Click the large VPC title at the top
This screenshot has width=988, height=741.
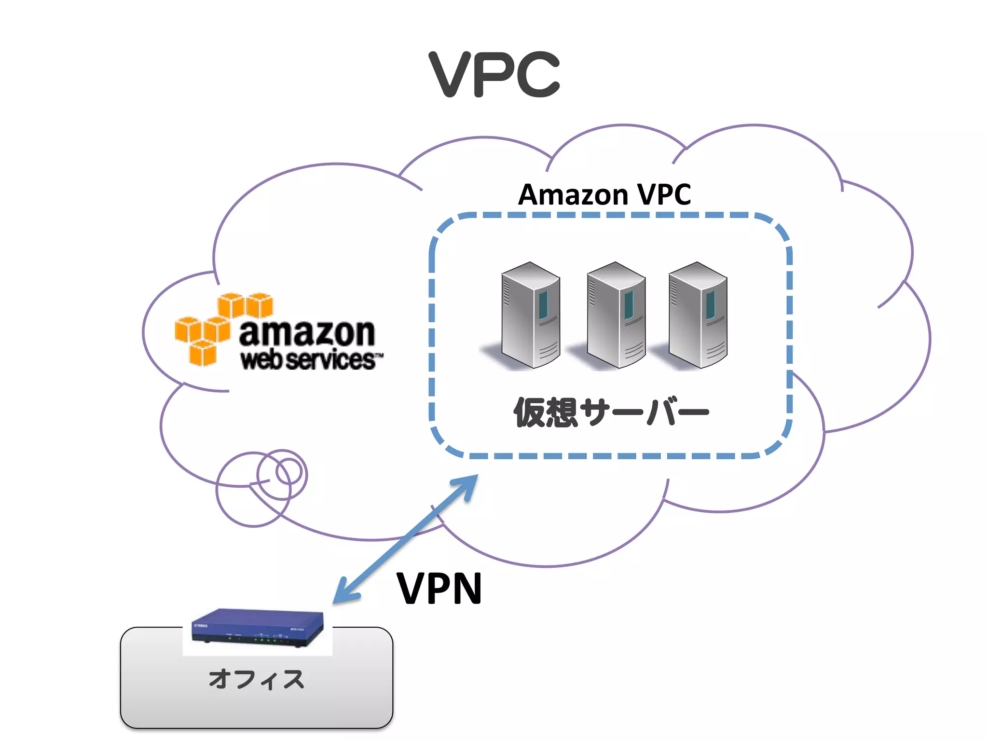(494, 75)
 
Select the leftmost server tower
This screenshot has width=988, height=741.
(530, 316)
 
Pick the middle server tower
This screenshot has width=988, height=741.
(616, 316)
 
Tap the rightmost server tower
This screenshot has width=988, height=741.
(698, 316)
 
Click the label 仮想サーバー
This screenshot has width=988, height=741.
(611, 413)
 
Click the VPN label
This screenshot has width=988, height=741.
(439, 589)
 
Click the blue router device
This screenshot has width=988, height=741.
(258, 627)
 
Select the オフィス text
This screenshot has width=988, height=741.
(256, 679)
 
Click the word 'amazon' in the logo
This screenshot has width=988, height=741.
(307, 333)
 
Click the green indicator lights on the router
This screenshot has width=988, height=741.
(263, 640)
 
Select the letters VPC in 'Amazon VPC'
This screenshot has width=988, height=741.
(664, 195)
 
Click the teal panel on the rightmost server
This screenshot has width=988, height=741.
(711, 304)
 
